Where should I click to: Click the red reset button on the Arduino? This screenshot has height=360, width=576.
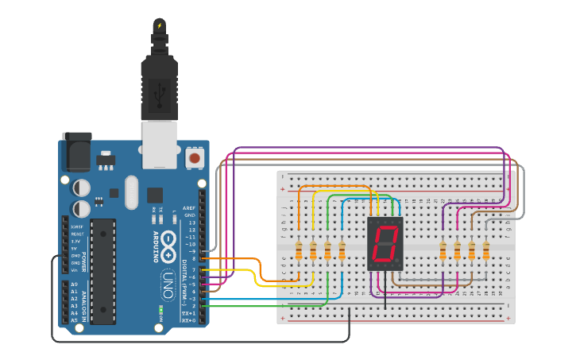coord(194,159)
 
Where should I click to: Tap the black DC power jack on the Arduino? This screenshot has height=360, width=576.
coord(76,152)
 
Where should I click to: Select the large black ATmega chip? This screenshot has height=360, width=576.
coord(102,271)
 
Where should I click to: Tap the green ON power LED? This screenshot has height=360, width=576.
coord(160,308)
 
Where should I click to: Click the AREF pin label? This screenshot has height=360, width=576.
coord(189,207)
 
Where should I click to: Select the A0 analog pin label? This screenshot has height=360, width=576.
coord(74,284)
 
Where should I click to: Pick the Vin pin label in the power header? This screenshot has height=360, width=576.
coord(74,270)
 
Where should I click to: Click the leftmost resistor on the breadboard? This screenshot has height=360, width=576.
coord(299,251)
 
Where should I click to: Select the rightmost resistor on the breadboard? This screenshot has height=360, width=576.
coord(485,251)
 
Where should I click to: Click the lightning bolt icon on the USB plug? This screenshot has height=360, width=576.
coord(160,25)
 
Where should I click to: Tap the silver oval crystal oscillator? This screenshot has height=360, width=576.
coord(131,192)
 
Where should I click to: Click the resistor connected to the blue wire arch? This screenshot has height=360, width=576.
coord(342,251)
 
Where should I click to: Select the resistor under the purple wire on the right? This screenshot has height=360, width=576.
coord(443,251)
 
